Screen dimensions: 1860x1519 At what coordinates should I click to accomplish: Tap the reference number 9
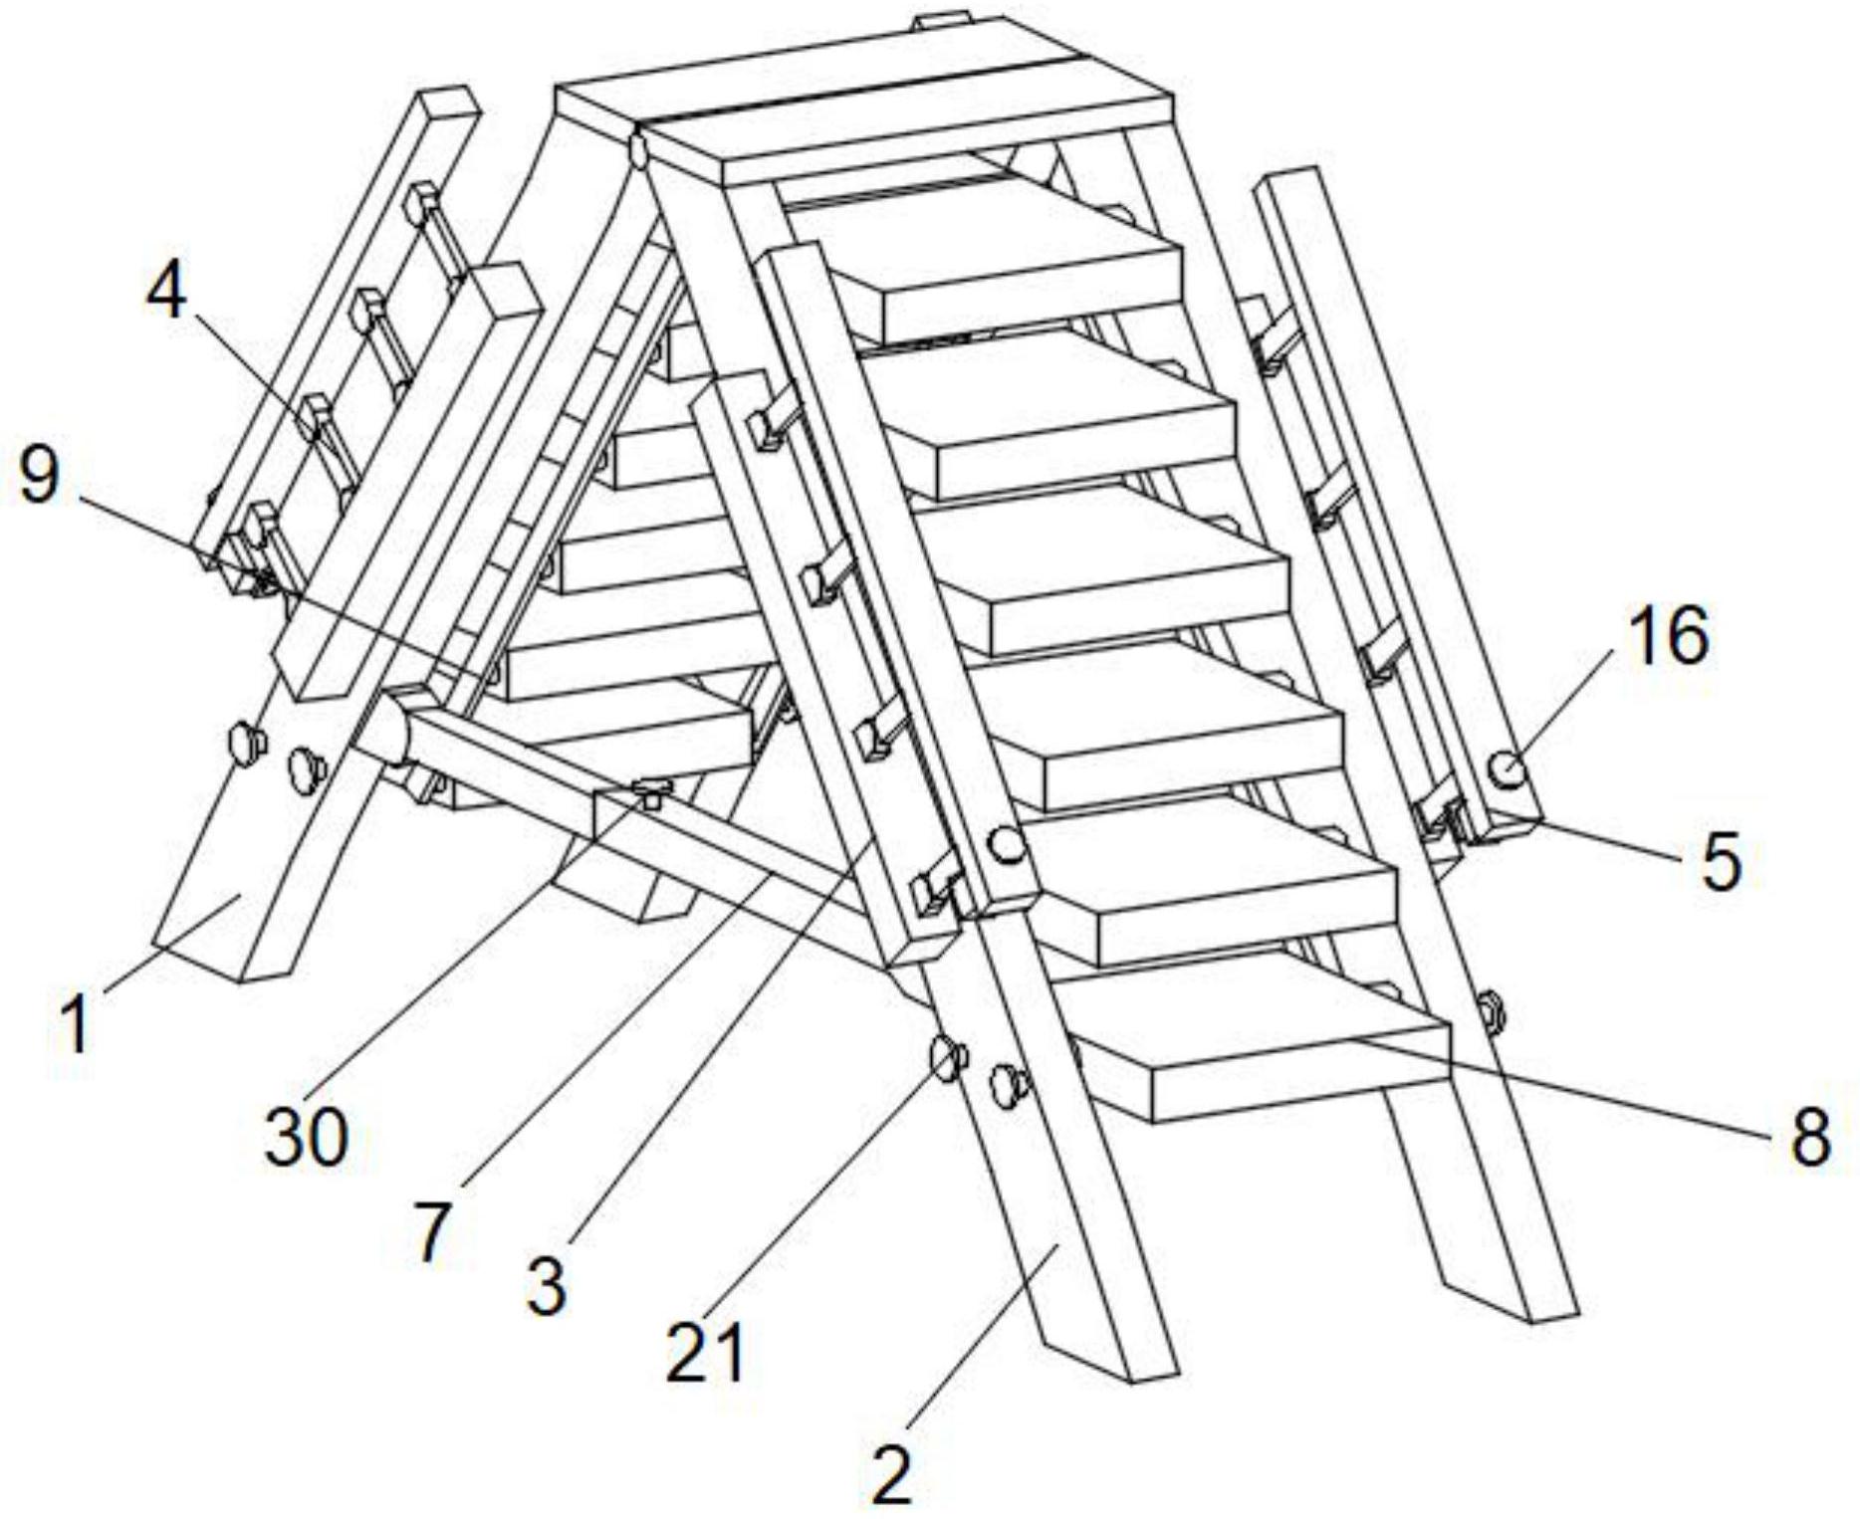40,476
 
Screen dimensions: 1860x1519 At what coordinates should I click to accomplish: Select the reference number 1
76,1024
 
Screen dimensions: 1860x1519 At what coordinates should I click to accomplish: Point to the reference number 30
306,1136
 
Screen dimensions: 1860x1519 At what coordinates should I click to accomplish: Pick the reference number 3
546,1286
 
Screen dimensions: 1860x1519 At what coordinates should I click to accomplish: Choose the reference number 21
705,1353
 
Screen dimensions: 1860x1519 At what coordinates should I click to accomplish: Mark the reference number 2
891,1475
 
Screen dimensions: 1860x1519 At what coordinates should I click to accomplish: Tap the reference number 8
1811,1136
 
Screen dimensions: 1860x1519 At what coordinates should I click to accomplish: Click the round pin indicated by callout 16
1508,768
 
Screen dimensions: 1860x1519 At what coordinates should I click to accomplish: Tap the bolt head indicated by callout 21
947,1060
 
